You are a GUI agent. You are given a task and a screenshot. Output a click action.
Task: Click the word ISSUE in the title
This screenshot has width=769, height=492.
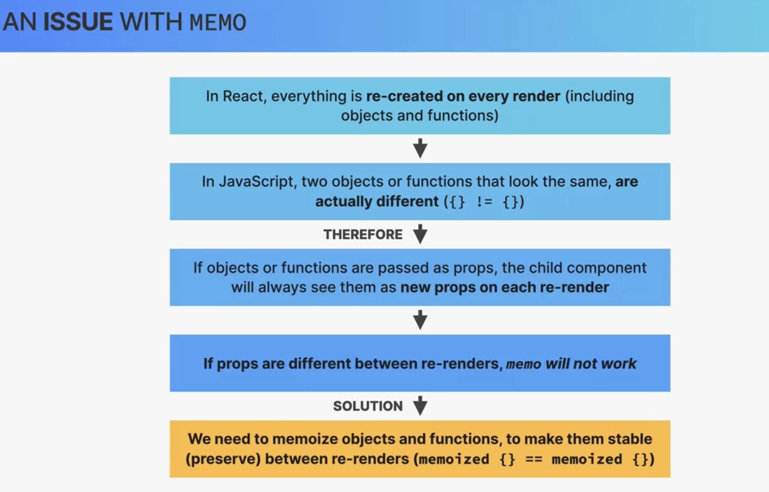click(x=78, y=22)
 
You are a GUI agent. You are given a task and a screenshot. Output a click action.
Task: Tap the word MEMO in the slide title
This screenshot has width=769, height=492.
click(x=218, y=22)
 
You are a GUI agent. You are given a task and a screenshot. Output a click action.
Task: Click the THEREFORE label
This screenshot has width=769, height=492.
click(x=363, y=235)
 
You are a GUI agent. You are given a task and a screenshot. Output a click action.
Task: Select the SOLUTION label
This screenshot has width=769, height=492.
click(x=368, y=406)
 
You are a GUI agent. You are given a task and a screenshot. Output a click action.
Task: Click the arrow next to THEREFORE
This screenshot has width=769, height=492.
click(x=420, y=234)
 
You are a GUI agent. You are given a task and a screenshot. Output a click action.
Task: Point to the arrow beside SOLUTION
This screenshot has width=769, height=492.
click(x=420, y=406)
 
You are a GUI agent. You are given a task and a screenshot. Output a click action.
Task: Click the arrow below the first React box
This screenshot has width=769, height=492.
click(x=420, y=148)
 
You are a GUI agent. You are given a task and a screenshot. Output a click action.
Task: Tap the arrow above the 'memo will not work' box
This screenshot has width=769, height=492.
click(x=420, y=320)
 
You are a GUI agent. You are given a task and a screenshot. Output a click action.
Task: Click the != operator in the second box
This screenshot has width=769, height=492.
click(x=484, y=201)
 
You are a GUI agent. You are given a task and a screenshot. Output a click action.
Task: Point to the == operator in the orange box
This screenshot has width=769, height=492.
click(x=534, y=459)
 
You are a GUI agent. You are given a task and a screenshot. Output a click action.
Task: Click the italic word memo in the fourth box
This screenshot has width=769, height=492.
click(x=524, y=364)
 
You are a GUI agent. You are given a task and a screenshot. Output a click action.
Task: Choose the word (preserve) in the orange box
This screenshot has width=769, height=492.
click(x=223, y=459)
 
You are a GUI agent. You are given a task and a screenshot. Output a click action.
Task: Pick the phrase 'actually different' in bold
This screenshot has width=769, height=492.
click(x=377, y=201)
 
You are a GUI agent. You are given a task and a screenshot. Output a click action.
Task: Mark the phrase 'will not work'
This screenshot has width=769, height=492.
click(x=591, y=364)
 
